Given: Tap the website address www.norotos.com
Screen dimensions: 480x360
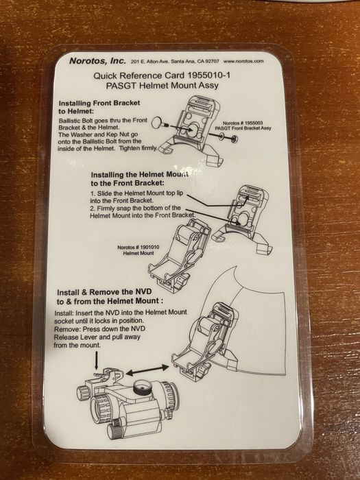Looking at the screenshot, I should click(x=243, y=61).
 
